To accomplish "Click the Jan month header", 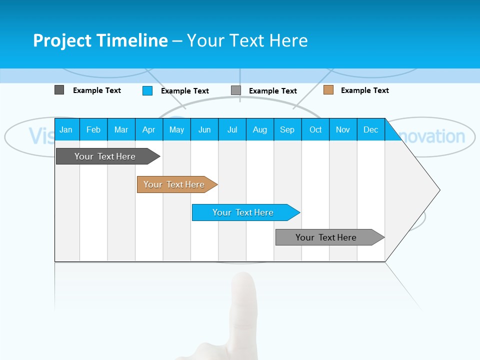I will coord(66,129).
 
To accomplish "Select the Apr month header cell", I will coord(148,129).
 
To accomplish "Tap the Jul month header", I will coord(232,129).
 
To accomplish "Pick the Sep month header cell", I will coord(287,129).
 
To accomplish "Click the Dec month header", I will coord(370,129).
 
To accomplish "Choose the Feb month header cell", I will coord(93,129).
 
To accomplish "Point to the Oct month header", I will coord(315,129).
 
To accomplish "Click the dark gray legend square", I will coord(59,90).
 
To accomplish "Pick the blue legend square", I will coord(147,90).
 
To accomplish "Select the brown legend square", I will coord(328,90).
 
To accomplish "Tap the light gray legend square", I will coord(236,90).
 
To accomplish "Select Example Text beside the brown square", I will coord(364,90).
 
